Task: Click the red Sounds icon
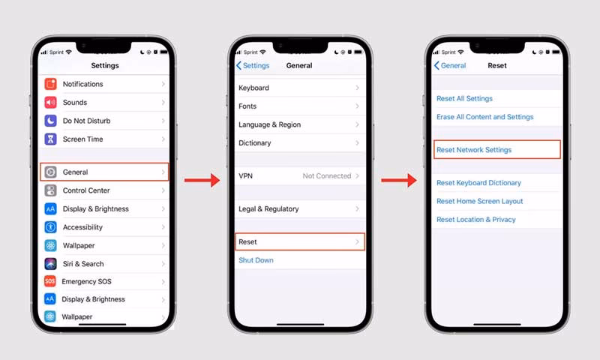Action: point(50,103)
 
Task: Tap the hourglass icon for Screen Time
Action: point(50,139)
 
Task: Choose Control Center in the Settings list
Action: point(86,190)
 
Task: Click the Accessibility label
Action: point(82,227)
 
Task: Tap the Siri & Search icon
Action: point(50,264)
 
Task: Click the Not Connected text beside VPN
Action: point(327,175)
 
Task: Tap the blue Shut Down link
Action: point(256,260)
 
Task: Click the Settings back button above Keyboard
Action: point(253,66)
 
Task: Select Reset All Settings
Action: point(464,99)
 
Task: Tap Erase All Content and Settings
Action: point(484,117)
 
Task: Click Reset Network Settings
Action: point(474,150)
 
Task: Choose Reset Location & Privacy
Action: point(476,220)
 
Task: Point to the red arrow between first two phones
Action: point(201,180)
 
